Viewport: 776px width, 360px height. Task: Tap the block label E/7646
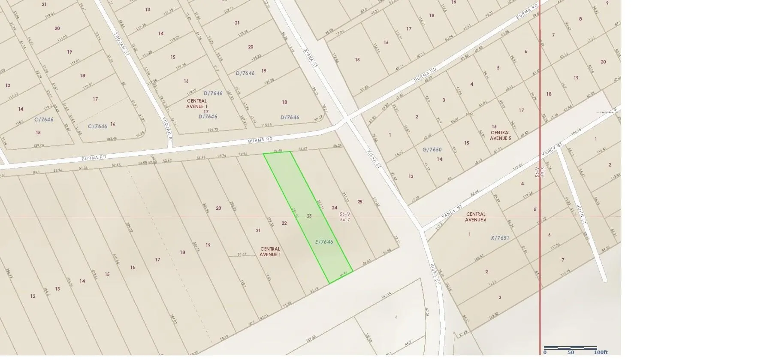coord(324,242)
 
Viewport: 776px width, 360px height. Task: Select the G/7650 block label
coord(432,150)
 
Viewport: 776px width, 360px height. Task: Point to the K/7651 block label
coord(500,238)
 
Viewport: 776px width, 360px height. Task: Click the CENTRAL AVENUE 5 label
coord(501,135)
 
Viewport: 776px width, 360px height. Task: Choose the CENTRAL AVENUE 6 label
coord(476,217)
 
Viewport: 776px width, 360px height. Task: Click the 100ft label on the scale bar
coord(601,352)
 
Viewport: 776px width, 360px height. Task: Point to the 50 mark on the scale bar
coord(571,352)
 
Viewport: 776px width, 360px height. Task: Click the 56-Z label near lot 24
coord(345,220)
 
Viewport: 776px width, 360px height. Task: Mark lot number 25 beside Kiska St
coord(360,202)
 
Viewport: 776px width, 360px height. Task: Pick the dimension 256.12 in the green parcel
coord(294,213)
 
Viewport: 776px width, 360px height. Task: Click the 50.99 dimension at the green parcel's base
coord(343,275)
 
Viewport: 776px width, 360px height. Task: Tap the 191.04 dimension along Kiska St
coord(376,202)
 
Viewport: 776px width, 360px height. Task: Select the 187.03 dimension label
coord(311,338)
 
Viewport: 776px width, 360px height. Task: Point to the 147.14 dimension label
coord(386,295)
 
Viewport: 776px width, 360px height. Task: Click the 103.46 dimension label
coord(112,139)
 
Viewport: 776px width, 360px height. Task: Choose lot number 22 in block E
coord(284,223)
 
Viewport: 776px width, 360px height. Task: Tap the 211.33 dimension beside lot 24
coord(345,197)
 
